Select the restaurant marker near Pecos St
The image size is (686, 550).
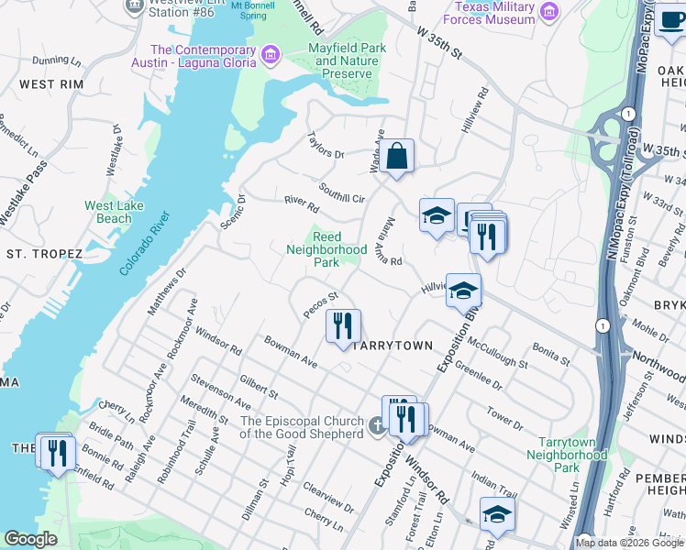coord(343,326)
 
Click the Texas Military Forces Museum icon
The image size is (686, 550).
coord(548,12)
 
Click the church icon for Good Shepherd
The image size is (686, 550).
coord(377,426)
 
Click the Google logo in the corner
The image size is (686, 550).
coord(30,539)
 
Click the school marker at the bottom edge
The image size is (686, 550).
coord(496,514)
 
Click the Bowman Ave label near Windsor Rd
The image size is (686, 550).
coord(291,351)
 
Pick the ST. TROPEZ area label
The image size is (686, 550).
coord(44,252)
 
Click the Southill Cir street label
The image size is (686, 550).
coord(341,192)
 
